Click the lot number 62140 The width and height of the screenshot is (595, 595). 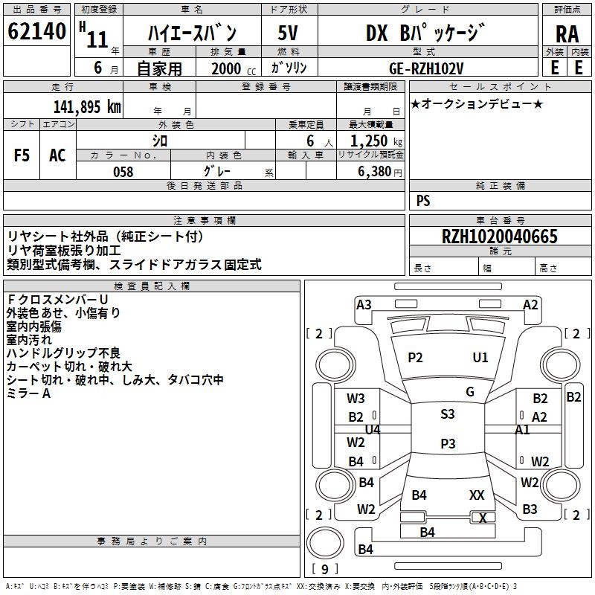pyautogui.click(x=37, y=32)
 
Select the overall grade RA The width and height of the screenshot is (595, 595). pyautogui.click(x=567, y=34)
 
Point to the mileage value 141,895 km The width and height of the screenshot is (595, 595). pyautogui.click(x=88, y=106)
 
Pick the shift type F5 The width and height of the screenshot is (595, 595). pyautogui.click(x=22, y=155)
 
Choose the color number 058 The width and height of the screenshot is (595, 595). pyautogui.click(x=123, y=172)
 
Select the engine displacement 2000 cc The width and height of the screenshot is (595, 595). pyautogui.click(x=231, y=68)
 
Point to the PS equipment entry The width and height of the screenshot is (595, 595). pyautogui.click(x=422, y=201)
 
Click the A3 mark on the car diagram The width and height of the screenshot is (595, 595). pyautogui.click(x=364, y=304)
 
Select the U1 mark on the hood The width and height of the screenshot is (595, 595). pyautogui.click(x=480, y=358)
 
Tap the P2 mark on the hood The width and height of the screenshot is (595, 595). pyautogui.click(x=415, y=358)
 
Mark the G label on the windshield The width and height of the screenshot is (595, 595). pyautogui.click(x=469, y=391)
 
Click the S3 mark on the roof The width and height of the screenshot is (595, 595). pyautogui.click(x=447, y=414)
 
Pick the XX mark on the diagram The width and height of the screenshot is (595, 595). pyautogui.click(x=477, y=495)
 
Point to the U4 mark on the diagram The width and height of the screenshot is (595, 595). pyautogui.click(x=373, y=430)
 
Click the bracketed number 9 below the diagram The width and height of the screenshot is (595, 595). pyautogui.click(x=325, y=569)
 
